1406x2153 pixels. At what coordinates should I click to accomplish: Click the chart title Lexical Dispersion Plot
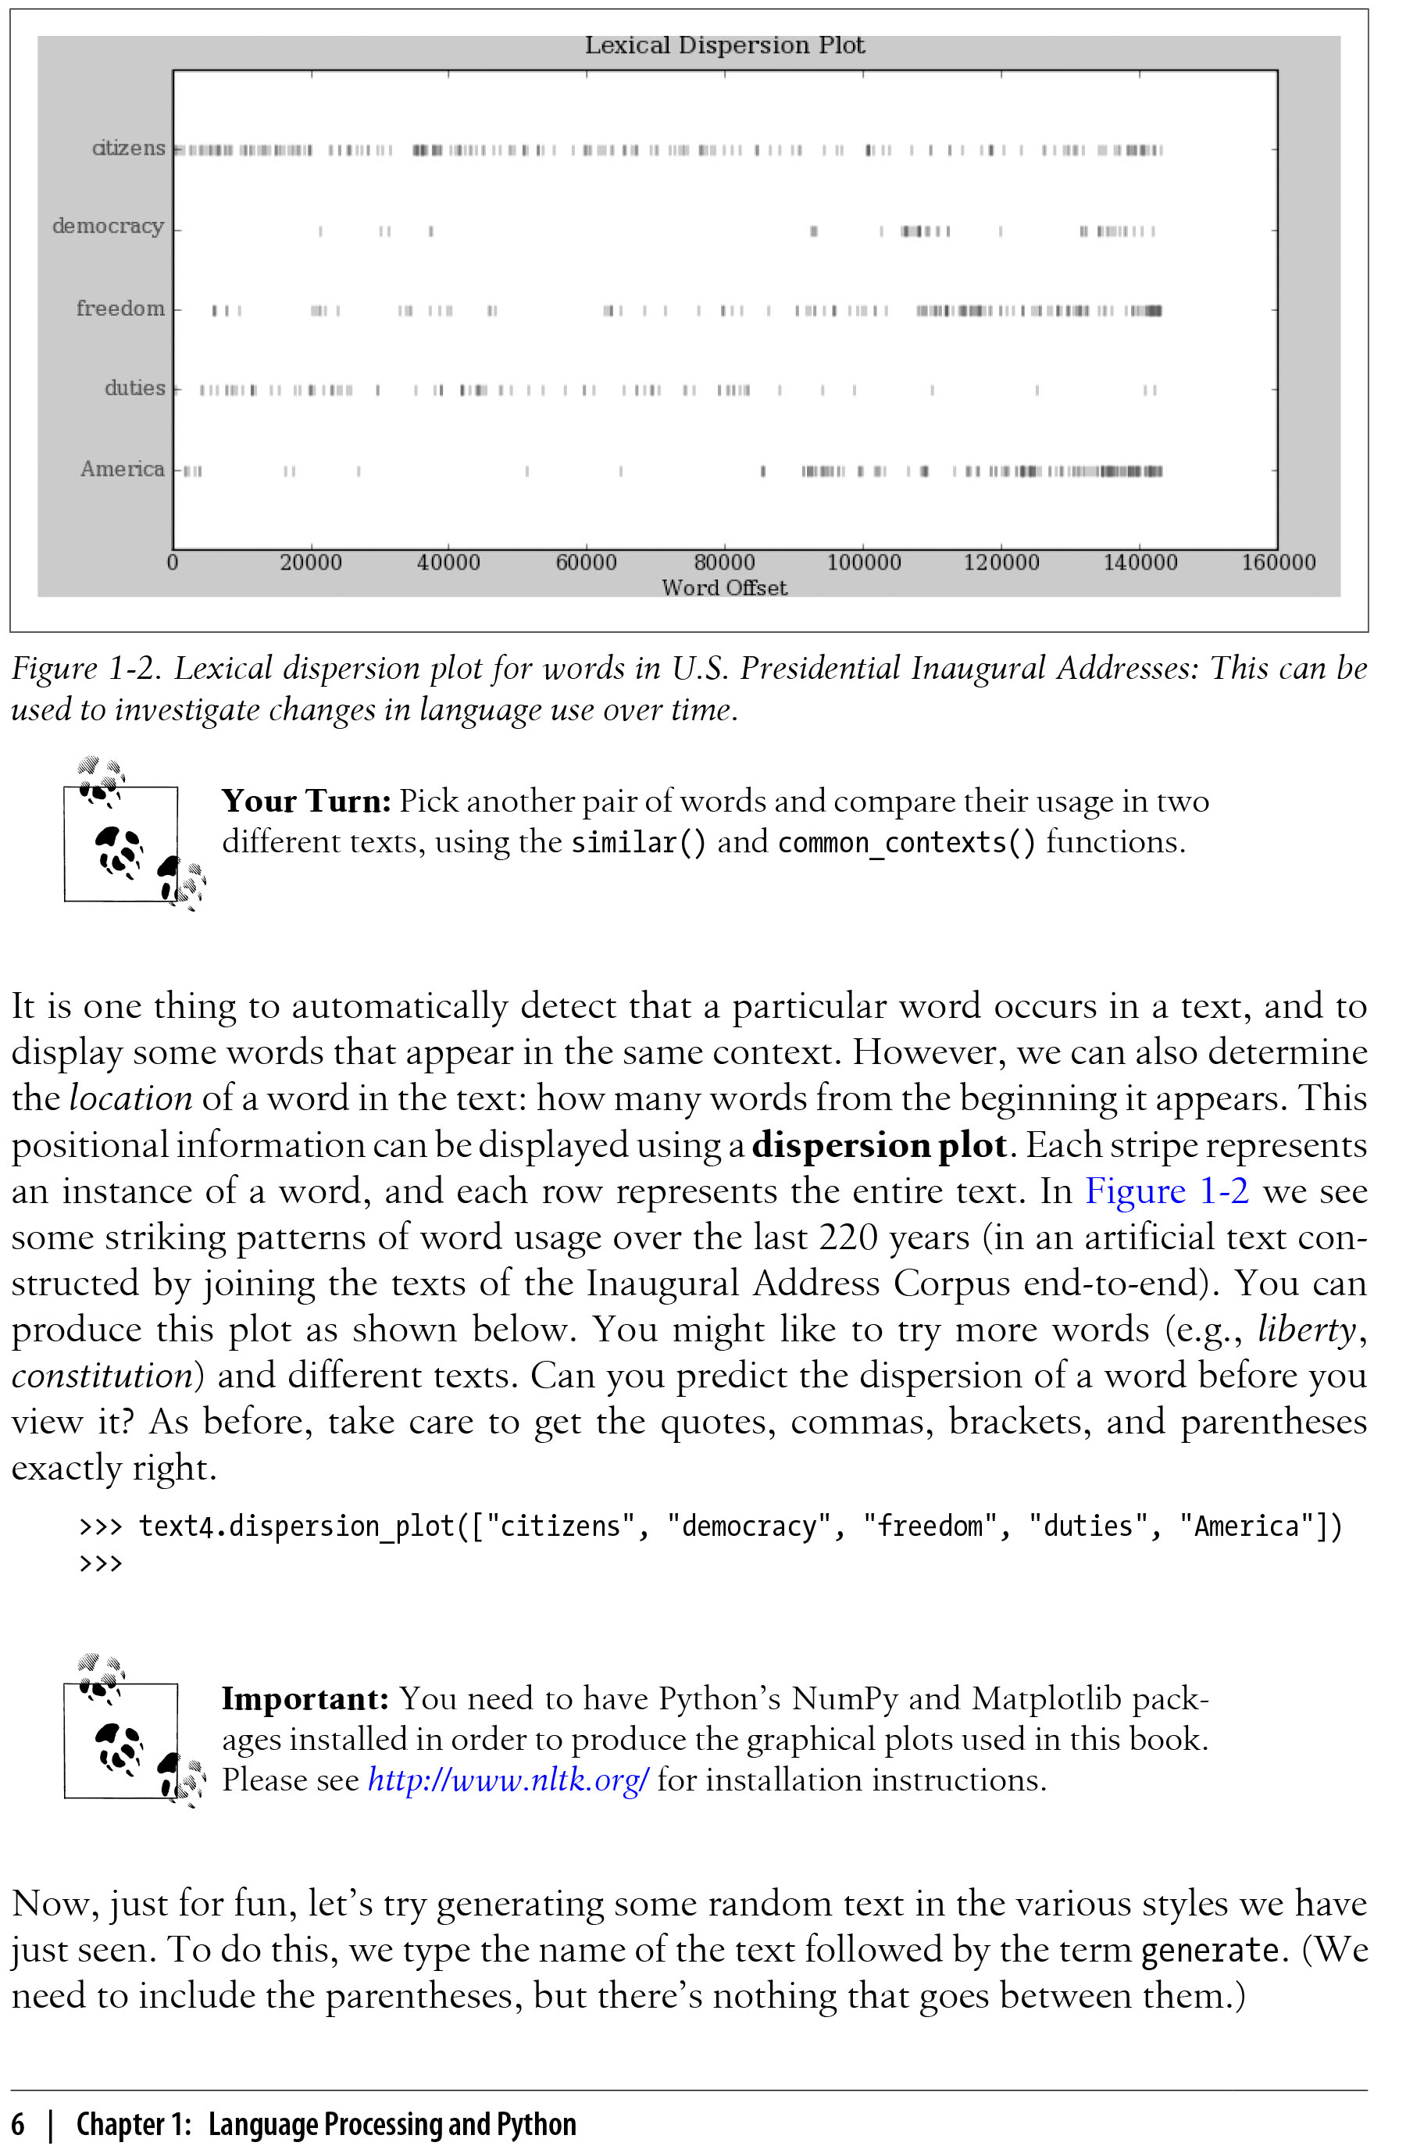(x=724, y=45)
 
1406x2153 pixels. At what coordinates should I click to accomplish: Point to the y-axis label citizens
(x=128, y=148)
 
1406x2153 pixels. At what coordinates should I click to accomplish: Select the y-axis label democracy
(x=108, y=226)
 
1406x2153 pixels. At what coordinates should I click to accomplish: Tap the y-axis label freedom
(x=120, y=309)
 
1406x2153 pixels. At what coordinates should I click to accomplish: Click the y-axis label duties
(x=135, y=388)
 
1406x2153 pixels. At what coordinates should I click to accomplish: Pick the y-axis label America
(x=122, y=469)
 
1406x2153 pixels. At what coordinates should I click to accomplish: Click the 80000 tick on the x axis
(x=724, y=562)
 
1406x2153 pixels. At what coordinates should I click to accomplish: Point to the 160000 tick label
(x=1278, y=562)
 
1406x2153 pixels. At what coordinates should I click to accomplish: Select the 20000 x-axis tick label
(x=310, y=562)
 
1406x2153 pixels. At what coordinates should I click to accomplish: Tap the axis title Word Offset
(x=724, y=588)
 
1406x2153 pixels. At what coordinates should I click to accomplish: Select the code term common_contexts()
(x=905, y=843)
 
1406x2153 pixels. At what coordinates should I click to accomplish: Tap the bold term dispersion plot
(x=879, y=1145)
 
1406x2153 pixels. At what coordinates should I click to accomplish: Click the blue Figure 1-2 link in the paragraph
(x=1166, y=1191)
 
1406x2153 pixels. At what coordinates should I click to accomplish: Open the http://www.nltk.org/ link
(x=508, y=1780)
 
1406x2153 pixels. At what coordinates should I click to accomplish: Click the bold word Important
(x=305, y=1699)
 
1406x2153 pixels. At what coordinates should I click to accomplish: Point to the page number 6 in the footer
(x=19, y=2124)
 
